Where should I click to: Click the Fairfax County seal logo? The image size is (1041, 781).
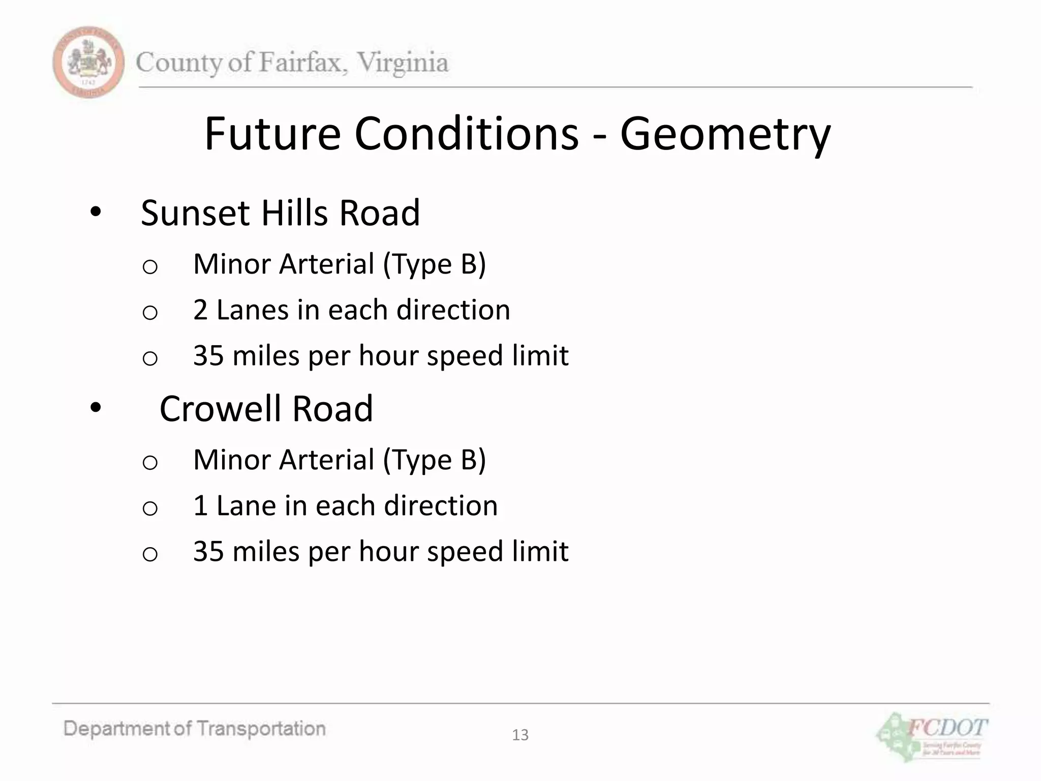pyautogui.click(x=88, y=62)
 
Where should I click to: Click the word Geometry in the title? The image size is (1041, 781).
pyautogui.click(x=725, y=134)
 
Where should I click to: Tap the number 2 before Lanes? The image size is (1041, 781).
pyautogui.click(x=200, y=310)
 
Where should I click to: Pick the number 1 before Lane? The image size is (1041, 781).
pyautogui.click(x=200, y=505)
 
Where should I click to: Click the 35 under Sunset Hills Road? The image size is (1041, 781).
pyautogui.click(x=208, y=355)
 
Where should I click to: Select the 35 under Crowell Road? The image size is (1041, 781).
pyautogui.click(x=208, y=551)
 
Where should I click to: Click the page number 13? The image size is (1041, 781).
pyautogui.click(x=520, y=735)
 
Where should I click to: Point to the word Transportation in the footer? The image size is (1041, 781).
pyautogui.click(x=261, y=729)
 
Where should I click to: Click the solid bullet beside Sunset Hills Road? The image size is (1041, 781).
pyautogui.click(x=96, y=213)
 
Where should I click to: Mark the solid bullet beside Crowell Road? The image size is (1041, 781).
pyautogui.click(x=96, y=408)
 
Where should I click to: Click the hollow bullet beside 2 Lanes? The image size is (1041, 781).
pyautogui.click(x=150, y=312)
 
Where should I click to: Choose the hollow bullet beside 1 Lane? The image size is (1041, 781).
pyautogui.click(x=150, y=508)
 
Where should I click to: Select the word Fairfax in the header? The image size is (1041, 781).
pyautogui.click(x=303, y=63)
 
